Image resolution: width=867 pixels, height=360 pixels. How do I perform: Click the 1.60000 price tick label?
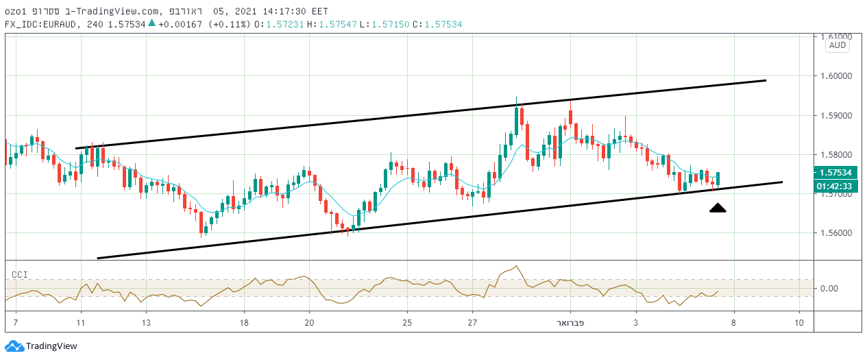pos(835,76)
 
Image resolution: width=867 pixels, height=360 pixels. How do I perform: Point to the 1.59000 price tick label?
pos(835,116)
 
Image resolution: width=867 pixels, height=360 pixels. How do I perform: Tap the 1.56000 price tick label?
pos(835,233)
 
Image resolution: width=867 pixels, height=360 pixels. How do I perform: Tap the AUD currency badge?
pos(838,45)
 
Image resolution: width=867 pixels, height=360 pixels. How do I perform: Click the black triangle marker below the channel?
pos(718,208)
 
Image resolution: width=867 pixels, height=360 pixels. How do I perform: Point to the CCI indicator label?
pos(19,274)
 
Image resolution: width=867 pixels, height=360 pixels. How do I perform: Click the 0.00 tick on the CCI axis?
pos(830,288)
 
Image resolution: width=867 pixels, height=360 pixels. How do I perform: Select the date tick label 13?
pos(146,322)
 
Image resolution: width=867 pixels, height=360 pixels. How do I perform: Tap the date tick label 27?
pos(472,322)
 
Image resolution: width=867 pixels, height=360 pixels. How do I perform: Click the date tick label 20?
pos(309,322)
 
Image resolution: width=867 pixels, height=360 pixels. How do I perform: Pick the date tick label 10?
pos(799,322)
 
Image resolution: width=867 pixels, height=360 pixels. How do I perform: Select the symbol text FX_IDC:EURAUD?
pos(41,24)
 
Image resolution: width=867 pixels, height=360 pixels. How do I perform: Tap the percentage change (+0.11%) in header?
pos(230,24)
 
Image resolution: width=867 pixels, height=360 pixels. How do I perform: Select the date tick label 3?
pos(636,322)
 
